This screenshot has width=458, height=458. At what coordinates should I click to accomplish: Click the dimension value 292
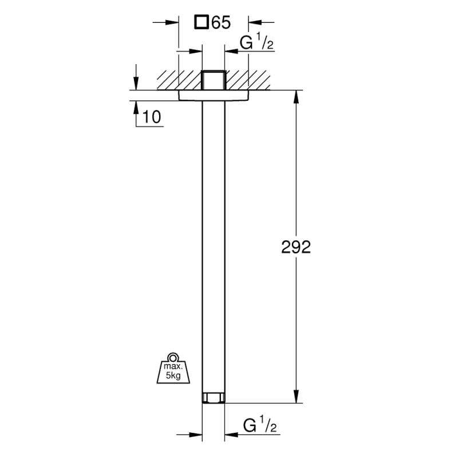[x=296, y=247]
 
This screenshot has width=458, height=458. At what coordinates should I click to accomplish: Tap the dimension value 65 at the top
[x=221, y=22]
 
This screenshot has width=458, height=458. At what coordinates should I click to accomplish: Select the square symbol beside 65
[x=202, y=22]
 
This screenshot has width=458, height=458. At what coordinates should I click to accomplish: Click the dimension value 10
[x=152, y=117]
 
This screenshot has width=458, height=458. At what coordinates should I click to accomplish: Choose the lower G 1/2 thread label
[x=260, y=425]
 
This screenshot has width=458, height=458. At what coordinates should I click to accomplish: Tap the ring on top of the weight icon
[x=173, y=357]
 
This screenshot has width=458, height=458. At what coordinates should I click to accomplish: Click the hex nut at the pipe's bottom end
[x=214, y=398]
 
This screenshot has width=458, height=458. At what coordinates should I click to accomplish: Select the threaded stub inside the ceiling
[x=214, y=80]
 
